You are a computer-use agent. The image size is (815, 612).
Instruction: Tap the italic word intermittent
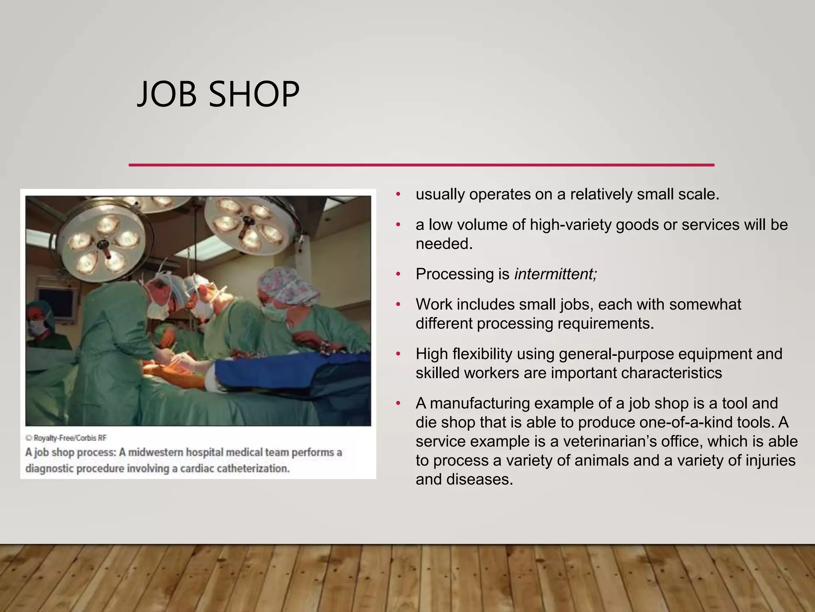pyautogui.click(x=556, y=274)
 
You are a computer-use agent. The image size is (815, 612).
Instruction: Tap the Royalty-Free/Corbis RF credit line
pyautogui.click(x=66, y=438)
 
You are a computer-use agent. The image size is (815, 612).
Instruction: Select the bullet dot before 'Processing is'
pyautogui.click(x=398, y=275)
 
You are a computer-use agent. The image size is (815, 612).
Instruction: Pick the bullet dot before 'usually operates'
pyautogui.click(x=398, y=195)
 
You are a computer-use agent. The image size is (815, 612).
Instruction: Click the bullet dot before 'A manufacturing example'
pyautogui.click(x=398, y=404)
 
